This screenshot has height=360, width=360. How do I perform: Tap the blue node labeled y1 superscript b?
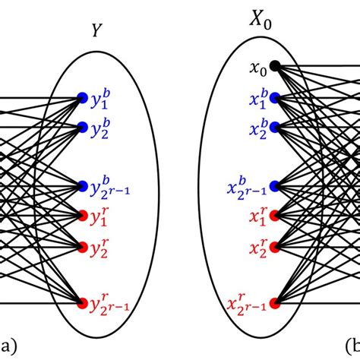click(82, 97)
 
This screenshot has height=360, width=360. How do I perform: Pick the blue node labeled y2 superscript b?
click(82, 125)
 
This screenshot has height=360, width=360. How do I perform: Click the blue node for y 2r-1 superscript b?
click(82, 185)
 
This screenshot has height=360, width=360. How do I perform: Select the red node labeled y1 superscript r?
click(82, 215)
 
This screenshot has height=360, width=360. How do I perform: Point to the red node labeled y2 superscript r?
click(82, 245)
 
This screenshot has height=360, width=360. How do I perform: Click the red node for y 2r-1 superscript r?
click(82, 304)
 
